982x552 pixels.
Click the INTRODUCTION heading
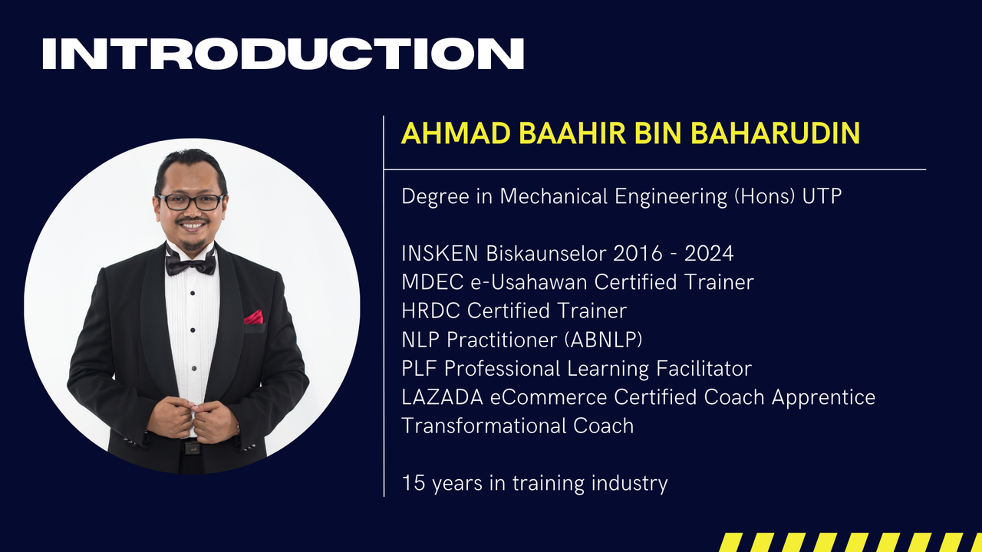coord(283,54)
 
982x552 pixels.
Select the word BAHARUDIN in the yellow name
coord(775,133)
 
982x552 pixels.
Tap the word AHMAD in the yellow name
coord(456,133)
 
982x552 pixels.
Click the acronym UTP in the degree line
coord(822,196)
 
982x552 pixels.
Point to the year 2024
coord(709,254)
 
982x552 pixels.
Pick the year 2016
coord(638,254)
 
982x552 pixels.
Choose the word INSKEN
coord(440,254)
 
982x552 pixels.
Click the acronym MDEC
coord(433,282)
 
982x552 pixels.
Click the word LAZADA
coord(443,397)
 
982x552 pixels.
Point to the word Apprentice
coord(823,398)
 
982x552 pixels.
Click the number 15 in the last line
coord(414,483)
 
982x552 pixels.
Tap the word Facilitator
coord(704,369)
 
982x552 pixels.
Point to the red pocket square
coord(253,317)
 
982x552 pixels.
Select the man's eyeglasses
coord(191,202)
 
